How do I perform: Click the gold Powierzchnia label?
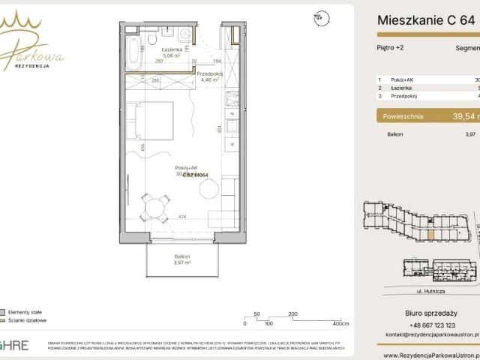tap(403, 116)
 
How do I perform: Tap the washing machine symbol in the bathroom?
tap(184, 36)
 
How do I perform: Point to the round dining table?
tap(154, 205)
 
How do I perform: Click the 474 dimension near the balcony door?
tap(181, 217)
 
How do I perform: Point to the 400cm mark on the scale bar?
tap(341, 323)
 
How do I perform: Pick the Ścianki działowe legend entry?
tap(27, 320)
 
